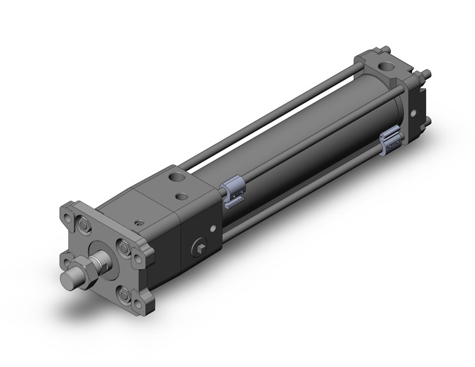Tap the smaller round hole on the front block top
pos(182,197)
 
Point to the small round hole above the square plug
pos(213,228)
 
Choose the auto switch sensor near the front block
pos(230,188)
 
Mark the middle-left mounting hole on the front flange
pos(67,256)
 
